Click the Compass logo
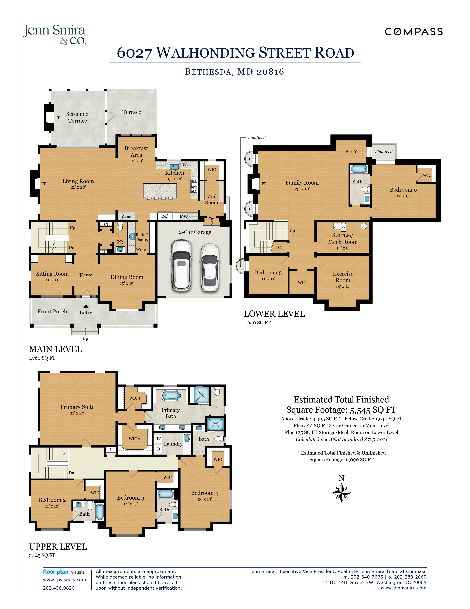pyautogui.click(x=413, y=32)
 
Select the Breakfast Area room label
pyautogui.click(x=136, y=151)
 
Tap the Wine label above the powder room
pyautogui.click(x=126, y=216)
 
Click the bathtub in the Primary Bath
pyautogui.click(x=171, y=395)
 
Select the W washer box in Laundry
pyautogui.click(x=159, y=439)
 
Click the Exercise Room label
pyautogui.click(x=343, y=277)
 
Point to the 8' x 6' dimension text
pyautogui.click(x=351, y=151)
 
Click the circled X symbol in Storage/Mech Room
pyautogui.click(x=364, y=226)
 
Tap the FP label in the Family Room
pyautogui.click(x=264, y=184)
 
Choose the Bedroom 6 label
pyautogui.click(x=403, y=190)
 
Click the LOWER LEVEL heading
pyautogui.click(x=274, y=314)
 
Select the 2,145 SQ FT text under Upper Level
pyautogui.click(x=42, y=555)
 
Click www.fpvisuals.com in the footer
pyautogui.click(x=64, y=580)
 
